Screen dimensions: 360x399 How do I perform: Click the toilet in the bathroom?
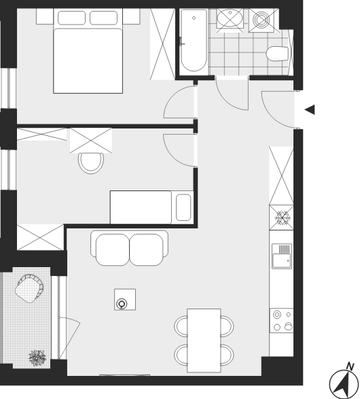pos(278,54)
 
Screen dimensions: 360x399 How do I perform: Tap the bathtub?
pos(194,41)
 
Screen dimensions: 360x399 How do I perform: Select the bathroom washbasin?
pos(230,18)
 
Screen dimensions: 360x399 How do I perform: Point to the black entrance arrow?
pos(310,109)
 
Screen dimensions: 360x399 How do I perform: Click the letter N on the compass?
pos(350,366)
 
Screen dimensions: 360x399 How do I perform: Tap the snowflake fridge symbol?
pos(281,218)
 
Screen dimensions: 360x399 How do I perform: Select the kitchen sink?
pos(282,256)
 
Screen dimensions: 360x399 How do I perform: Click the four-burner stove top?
pos(282,320)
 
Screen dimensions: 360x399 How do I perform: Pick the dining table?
pos(204,341)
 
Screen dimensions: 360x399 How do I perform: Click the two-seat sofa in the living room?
pos(130,248)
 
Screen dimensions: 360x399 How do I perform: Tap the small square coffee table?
pos(125,300)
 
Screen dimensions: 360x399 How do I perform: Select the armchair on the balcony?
pos(29,288)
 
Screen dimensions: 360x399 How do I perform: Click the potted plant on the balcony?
pos(37,358)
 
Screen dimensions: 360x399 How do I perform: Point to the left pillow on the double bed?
pos(71,18)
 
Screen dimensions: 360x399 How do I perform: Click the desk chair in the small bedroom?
pos(91,163)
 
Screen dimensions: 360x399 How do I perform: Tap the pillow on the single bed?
pos(183,207)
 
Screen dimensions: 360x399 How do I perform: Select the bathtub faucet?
pos(181,41)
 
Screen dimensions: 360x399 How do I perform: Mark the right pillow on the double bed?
pos(103,18)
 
